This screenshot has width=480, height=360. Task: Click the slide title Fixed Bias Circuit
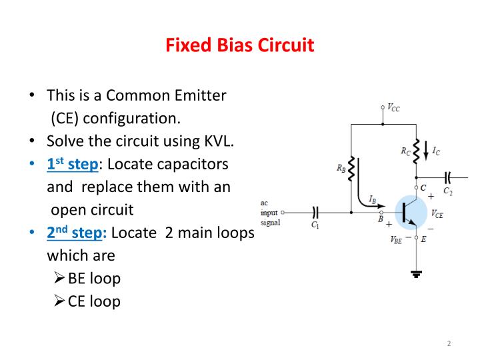coord(239,46)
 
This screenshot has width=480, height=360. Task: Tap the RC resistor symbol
coord(416,152)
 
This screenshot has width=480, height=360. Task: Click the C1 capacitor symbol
coord(316,212)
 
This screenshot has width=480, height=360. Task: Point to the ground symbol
coord(416,271)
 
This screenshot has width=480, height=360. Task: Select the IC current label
coord(436,151)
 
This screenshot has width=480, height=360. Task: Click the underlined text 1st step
coord(72,164)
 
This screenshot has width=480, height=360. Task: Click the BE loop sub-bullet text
coord(93,278)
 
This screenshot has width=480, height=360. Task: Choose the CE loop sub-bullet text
coord(93,301)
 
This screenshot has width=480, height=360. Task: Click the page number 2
coord(449,343)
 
